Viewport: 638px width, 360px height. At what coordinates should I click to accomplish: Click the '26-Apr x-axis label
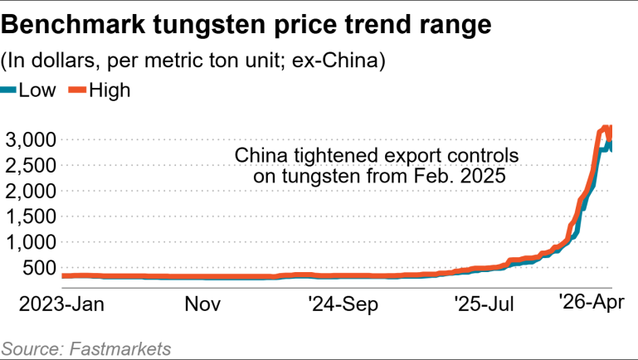coord(590,301)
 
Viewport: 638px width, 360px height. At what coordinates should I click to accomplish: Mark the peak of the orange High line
coord(606,128)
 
